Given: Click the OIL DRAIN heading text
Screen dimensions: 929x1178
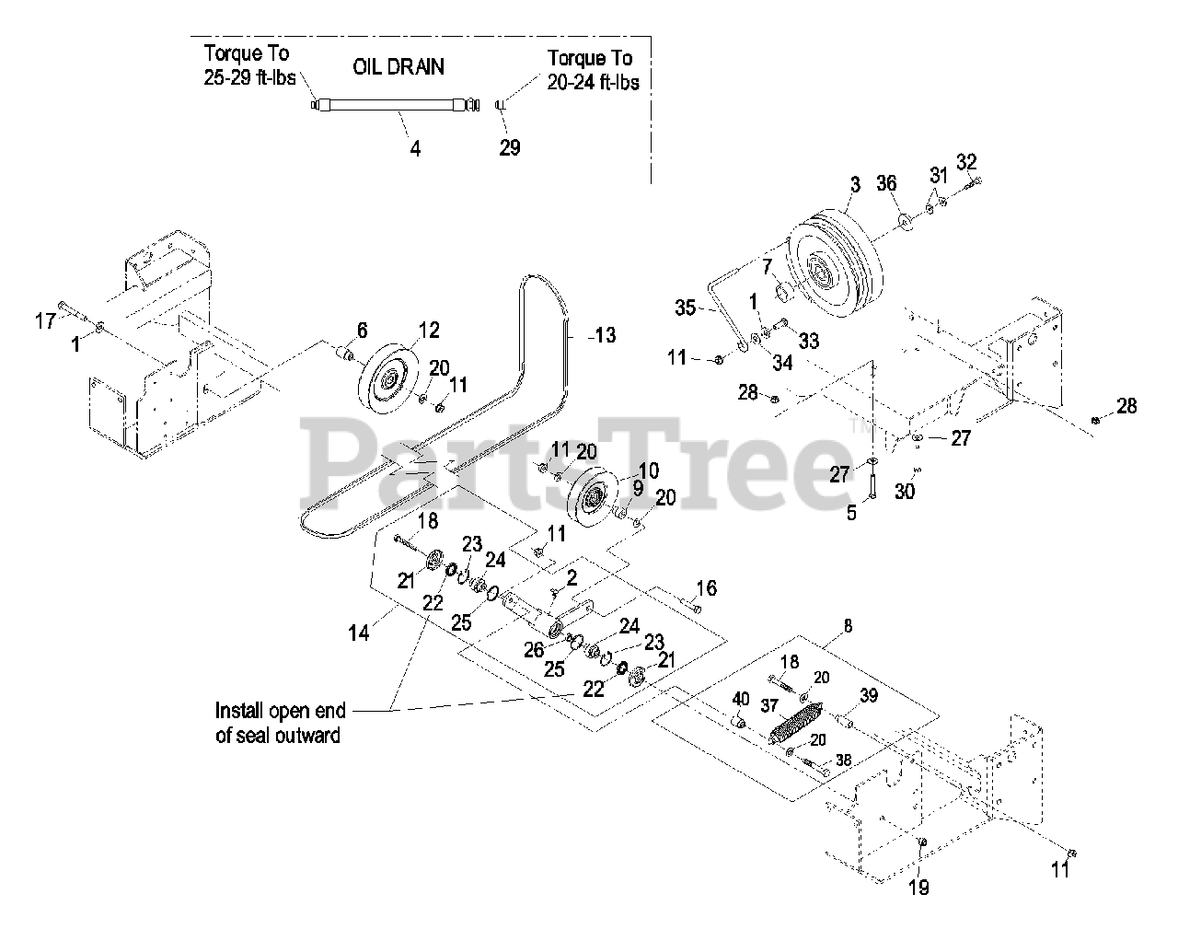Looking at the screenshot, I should (x=399, y=67).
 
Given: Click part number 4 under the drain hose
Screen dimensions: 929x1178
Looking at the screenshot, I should (x=415, y=147).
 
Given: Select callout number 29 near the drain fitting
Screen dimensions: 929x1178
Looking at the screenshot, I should (x=509, y=147).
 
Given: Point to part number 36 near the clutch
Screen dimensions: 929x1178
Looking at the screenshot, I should (x=885, y=183).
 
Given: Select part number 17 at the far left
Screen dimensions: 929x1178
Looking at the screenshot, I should (x=45, y=321).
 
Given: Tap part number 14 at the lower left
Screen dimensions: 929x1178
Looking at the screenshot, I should (x=359, y=633).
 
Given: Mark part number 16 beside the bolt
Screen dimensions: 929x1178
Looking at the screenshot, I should (x=706, y=588).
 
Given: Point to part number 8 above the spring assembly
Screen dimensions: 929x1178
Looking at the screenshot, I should (x=848, y=626).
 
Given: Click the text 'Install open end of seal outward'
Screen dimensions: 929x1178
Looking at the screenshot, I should (x=280, y=723).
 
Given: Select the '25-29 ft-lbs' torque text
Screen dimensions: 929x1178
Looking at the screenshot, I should (x=249, y=78).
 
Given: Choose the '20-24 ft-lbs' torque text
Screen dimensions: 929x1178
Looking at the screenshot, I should (x=593, y=82).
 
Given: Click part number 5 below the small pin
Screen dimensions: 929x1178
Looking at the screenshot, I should (x=851, y=513).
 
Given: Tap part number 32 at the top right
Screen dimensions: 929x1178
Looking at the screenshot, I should (x=965, y=162).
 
